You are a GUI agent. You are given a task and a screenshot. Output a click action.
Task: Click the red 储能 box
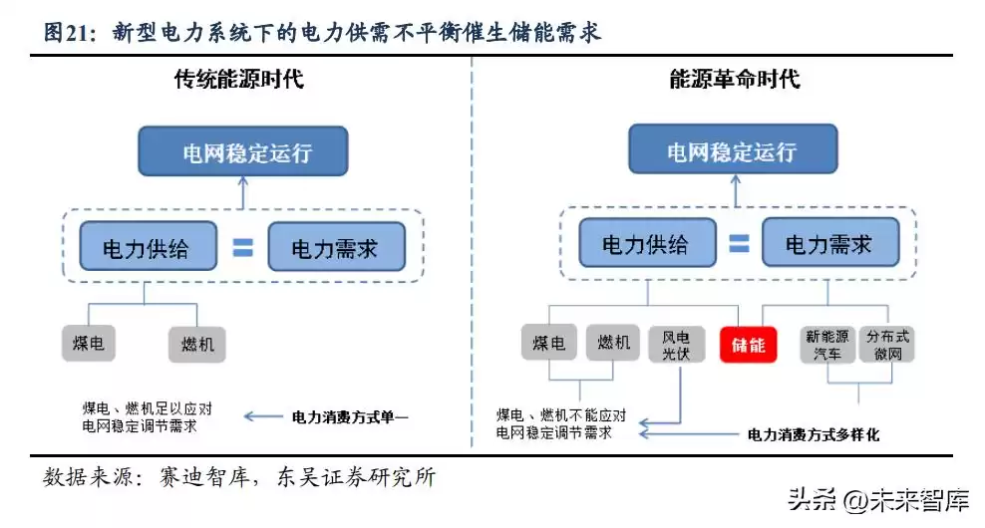[x=748, y=345]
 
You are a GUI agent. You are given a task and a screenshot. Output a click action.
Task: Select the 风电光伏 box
[x=669, y=345]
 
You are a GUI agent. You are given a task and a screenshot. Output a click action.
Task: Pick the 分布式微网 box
[x=886, y=345]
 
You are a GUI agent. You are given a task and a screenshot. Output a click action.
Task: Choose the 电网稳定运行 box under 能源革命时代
[x=731, y=153]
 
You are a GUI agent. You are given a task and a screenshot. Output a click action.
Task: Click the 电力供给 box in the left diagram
[x=148, y=245]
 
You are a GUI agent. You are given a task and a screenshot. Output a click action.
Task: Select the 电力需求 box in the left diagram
[x=336, y=246]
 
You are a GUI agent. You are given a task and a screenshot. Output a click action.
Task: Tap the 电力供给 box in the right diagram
[x=647, y=244]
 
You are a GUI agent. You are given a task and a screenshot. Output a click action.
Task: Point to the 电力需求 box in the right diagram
[x=828, y=244]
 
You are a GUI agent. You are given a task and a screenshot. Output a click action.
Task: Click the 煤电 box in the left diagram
[x=88, y=344]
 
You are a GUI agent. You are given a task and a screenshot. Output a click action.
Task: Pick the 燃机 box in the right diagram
[x=613, y=344]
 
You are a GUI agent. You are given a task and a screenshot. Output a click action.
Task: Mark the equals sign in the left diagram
[x=242, y=246]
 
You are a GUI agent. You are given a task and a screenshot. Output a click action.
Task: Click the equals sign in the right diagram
[x=738, y=244]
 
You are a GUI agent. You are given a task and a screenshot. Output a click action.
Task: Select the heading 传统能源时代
[x=238, y=79]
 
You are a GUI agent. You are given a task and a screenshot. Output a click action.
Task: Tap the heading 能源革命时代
[x=734, y=79]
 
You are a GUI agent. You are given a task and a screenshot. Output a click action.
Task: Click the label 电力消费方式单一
[x=350, y=415]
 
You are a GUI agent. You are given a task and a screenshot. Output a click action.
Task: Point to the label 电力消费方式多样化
[x=814, y=434]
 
